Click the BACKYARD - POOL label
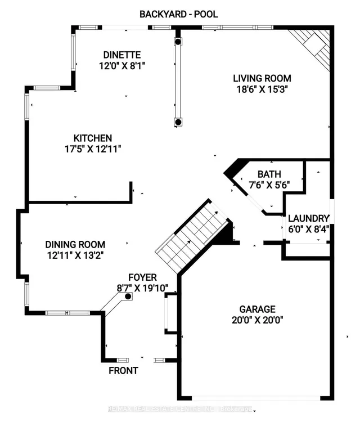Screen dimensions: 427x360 pyautogui.click(x=178, y=14)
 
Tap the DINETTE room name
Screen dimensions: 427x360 pyautogui.click(x=123, y=55)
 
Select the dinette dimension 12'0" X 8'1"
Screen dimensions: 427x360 pyautogui.click(x=123, y=65)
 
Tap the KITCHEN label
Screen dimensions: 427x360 pyautogui.click(x=93, y=138)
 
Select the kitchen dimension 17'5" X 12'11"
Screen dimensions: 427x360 pyautogui.click(x=93, y=149)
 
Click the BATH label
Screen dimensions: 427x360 pyautogui.click(x=269, y=174)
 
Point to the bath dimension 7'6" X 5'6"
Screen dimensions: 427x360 pyautogui.click(x=269, y=185)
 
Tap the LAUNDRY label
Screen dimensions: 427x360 pyautogui.click(x=308, y=218)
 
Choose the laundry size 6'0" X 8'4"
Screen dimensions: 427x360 pyautogui.click(x=308, y=229)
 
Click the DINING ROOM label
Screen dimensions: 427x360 pyautogui.click(x=75, y=244)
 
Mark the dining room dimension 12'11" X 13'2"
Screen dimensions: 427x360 pyautogui.click(x=75, y=255)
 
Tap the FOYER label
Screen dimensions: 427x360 pyautogui.click(x=142, y=277)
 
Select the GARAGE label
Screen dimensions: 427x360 pyautogui.click(x=257, y=309)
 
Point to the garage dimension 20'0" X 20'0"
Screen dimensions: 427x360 pyautogui.click(x=257, y=320)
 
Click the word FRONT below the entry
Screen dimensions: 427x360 pyautogui.click(x=123, y=371)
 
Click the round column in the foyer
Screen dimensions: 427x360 pyautogui.click(x=128, y=296)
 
